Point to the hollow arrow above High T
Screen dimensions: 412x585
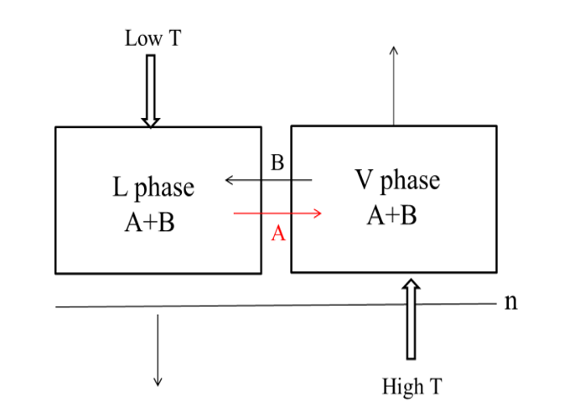point(410,319)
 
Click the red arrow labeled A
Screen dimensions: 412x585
point(277,214)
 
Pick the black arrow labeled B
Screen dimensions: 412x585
point(268,179)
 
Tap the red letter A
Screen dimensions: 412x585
point(278,234)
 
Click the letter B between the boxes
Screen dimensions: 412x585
point(277,162)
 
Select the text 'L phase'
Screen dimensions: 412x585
point(153,187)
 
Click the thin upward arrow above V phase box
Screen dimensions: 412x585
point(394,84)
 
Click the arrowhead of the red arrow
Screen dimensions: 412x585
point(318,214)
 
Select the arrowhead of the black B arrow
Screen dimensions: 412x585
point(229,179)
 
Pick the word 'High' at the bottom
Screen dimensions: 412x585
point(399,386)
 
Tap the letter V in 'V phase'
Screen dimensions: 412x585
point(362,181)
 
